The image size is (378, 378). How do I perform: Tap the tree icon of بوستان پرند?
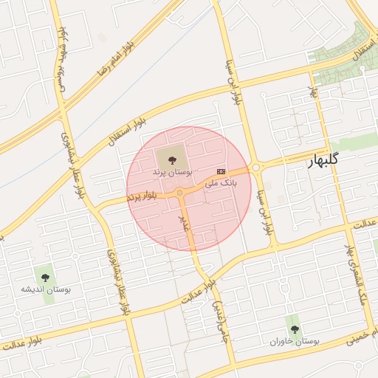coord(172,158)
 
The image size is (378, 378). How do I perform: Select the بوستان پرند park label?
coord(172,171)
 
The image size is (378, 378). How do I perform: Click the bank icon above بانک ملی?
coord(220,171)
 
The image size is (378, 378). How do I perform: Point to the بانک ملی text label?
coord(220,182)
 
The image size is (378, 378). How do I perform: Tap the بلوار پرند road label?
coord(142,196)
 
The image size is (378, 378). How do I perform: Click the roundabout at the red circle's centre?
coord(180,193)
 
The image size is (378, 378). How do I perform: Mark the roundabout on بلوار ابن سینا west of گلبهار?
coord(255,168)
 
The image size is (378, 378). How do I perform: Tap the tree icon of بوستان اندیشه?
coord(46,278)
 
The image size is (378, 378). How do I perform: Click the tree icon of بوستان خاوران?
coord(295,329)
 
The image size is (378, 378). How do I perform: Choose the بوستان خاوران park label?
coord(295,343)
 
